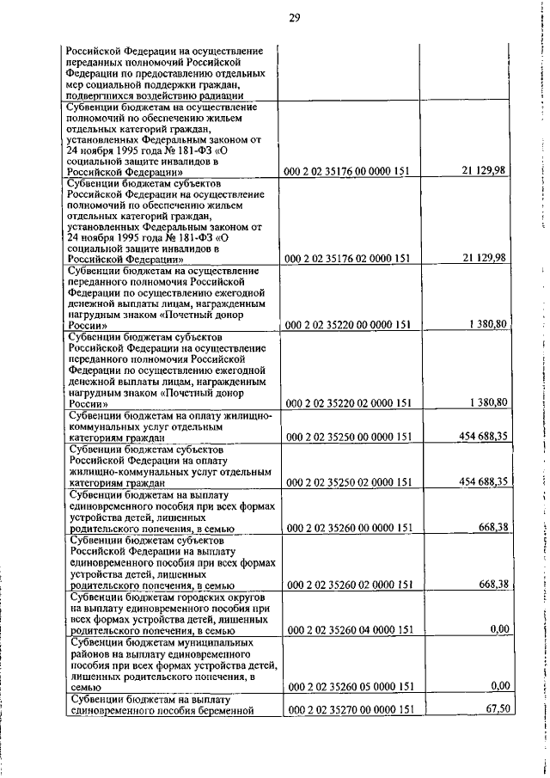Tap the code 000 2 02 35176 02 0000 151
(348, 258)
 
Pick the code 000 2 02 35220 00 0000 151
(348, 325)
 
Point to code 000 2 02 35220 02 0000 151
(348, 402)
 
